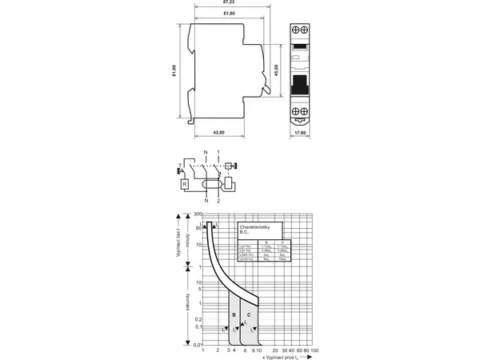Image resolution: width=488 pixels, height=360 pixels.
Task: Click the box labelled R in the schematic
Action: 186,185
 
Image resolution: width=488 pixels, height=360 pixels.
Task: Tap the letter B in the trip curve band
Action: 234,316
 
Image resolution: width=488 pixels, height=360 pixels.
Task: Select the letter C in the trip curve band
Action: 250,316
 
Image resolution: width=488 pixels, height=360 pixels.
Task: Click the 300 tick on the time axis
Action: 197,215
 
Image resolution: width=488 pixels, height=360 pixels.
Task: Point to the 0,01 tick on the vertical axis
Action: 196,345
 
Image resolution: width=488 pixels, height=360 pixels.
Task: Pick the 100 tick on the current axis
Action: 314,351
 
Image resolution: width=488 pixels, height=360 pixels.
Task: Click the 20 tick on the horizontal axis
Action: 275,351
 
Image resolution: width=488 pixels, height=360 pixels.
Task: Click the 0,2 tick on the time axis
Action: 197,319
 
